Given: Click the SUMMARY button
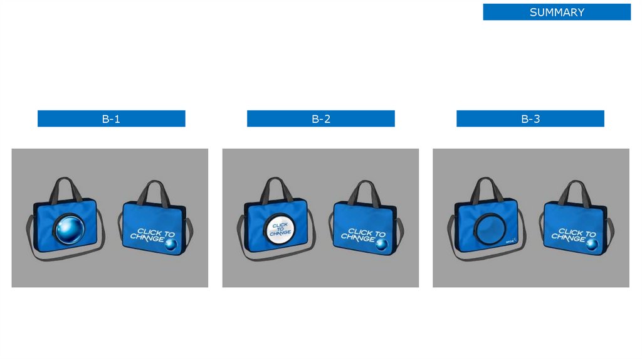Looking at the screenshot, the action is coord(557,12).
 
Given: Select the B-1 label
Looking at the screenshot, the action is coord(111,119).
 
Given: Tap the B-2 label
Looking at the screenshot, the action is coord(320,119).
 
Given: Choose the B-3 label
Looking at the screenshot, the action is coord(530,119).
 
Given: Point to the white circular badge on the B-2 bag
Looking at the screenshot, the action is coord(280,228).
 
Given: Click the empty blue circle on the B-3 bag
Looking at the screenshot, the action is coord(490,228).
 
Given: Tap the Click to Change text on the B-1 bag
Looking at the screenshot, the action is coord(147,235).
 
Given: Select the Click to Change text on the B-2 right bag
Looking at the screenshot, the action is coord(358,235).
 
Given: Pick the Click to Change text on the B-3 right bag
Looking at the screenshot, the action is coord(569,235).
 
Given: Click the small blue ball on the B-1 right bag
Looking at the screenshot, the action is coord(169,245).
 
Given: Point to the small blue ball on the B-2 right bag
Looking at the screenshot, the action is coord(380,245).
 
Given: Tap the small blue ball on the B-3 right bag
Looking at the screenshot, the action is coord(591,245).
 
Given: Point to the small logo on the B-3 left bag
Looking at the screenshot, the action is coord(510,241).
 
